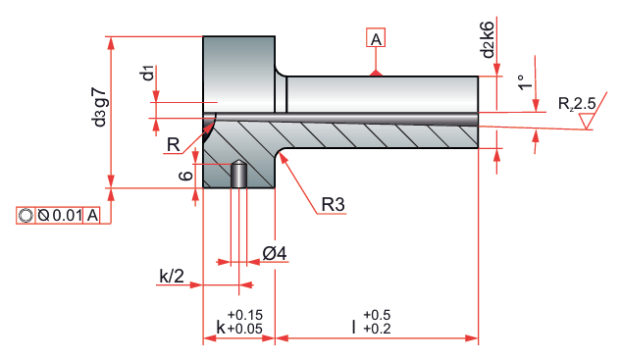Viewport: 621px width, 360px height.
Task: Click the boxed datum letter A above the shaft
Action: (376, 38)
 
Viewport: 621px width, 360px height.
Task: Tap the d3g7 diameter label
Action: (99, 107)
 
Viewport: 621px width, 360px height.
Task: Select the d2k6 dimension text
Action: (488, 39)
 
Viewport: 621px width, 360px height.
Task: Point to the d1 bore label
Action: (148, 73)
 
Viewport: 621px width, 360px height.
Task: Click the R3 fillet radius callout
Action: (333, 205)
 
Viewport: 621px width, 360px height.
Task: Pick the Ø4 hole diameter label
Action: (275, 253)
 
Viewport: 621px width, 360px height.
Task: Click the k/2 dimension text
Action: (172, 276)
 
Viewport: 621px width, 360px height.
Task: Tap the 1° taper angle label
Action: (526, 82)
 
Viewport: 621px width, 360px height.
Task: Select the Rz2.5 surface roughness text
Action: (577, 104)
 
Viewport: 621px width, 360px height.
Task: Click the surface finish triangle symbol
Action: (587, 121)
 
